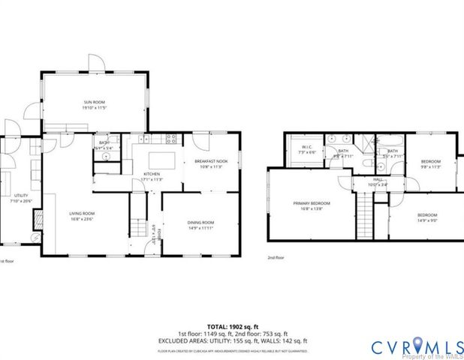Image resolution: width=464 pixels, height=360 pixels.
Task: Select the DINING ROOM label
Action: point(200,222)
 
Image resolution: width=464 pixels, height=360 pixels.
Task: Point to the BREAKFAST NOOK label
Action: point(211,162)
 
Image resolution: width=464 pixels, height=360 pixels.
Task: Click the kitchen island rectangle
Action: point(161,160)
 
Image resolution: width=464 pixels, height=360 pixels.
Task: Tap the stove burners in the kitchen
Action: point(170,138)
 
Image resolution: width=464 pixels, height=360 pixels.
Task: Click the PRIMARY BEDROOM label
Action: point(311,203)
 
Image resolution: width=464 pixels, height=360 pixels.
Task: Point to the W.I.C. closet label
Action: point(306,147)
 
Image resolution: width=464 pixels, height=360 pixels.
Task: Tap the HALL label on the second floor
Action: point(378,180)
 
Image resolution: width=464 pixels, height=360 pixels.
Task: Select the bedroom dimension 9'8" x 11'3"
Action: point(430,166)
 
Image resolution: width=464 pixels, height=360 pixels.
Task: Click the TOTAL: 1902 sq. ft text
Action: point(232,325)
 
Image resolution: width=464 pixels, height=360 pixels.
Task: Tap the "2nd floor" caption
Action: point(276,258)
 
